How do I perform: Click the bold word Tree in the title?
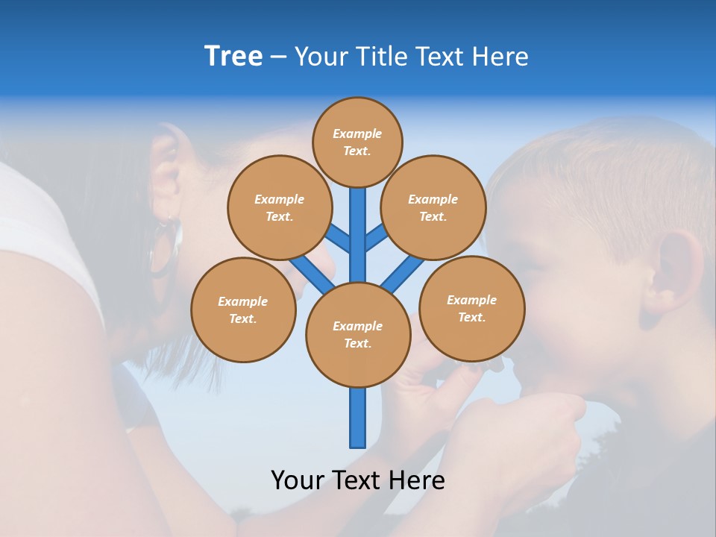pyautogui.click(x=233, y=57)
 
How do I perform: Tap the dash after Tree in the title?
pyautogui.click(x=278, y=57)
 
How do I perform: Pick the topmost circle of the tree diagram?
pyautogui.click(x=357, y=142)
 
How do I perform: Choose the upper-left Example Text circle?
pyautogui.click(x=279, y=207)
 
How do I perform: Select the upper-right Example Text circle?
pyautogui.click(x=433, y=207)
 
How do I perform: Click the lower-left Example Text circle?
pyautogui.click(x=243, y=310)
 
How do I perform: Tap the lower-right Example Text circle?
pyautogui.click(x=471, y=308)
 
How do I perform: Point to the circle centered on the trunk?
pyautogui.click(x=358, y=335)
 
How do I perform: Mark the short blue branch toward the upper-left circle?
pyautogui.click(x=338, y=238)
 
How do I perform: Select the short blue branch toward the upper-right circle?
pyautogui.click(x=377, y=237)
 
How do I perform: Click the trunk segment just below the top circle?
pyautogui.click(x=358, y=224)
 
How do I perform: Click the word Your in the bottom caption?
pyautogui.click(x=296, y=480)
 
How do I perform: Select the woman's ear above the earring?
pyautogui.click(x=166, y=172)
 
